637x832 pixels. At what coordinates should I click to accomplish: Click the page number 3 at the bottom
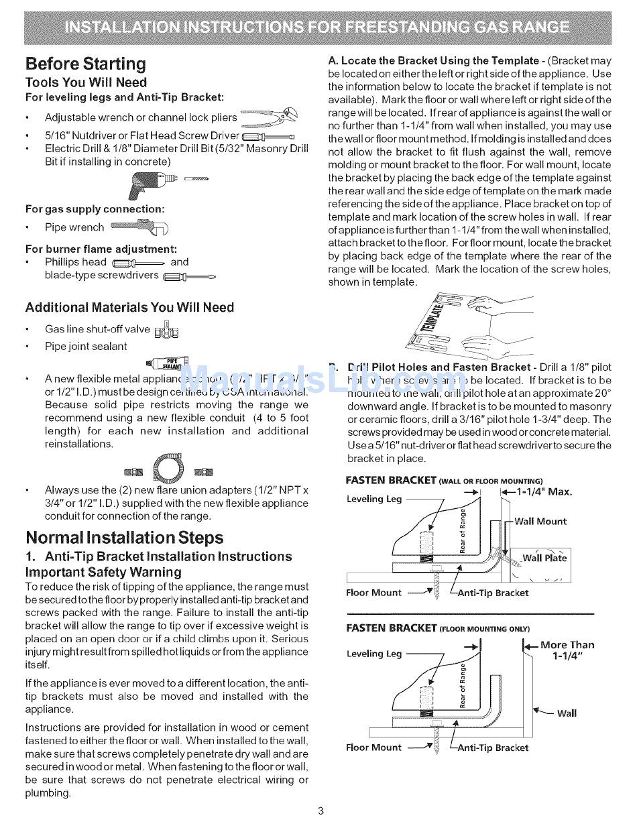[321, 811]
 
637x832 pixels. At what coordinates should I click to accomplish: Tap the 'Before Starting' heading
[85, 64]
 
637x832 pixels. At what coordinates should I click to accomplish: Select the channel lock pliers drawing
[270, 117]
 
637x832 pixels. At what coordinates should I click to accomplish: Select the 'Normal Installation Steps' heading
[124, 538]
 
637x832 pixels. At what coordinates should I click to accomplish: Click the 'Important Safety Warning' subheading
[103, 572]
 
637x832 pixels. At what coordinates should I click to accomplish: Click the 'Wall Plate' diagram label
[544, 558]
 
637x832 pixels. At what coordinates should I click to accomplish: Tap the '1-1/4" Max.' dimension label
[543, 491]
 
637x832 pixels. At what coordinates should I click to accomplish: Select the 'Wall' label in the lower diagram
[567, 713]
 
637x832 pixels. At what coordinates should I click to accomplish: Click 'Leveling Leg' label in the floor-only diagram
[374, 654]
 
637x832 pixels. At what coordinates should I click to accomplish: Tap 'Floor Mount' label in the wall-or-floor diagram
[373, 593]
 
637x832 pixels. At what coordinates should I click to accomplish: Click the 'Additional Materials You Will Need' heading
[129, 308]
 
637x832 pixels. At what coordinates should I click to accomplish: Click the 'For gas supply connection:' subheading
[95, 209]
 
